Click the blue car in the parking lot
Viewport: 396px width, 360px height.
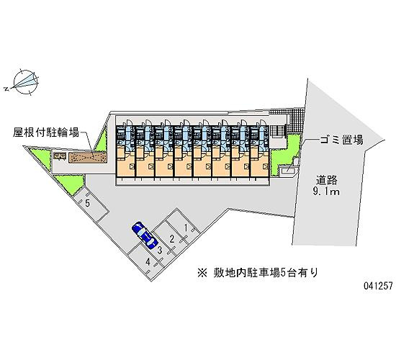click(x=145, y=235)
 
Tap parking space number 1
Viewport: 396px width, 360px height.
click(x=184, y=226)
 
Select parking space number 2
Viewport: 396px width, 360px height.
click(x=171, y=238)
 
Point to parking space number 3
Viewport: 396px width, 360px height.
click(x=158, y=250)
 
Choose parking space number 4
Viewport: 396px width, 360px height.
click(x=146, y=263)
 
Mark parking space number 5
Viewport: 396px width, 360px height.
click(x=90, y=204)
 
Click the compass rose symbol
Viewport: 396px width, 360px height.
click(x=26, y=82)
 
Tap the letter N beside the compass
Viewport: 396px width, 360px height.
click(x=6, y=89)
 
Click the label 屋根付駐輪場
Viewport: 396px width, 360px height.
click(x=46, y=132)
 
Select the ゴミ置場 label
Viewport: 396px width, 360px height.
click(x=341, y=140)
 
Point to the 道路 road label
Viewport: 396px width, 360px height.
click(x=327, y=181)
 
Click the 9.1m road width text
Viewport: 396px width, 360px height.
click(x=326, y=192)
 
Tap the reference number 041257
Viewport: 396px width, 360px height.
click(x=378, y=286)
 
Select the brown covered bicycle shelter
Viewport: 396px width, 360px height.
click(x=88, y=158)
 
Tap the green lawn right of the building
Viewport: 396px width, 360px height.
click(x=284, y=155)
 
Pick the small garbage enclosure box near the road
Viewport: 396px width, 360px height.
click(x=288, y=171)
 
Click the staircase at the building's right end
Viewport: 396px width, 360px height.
click(x=278, y=131)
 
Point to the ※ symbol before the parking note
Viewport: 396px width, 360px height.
click(x=202, y=273)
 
